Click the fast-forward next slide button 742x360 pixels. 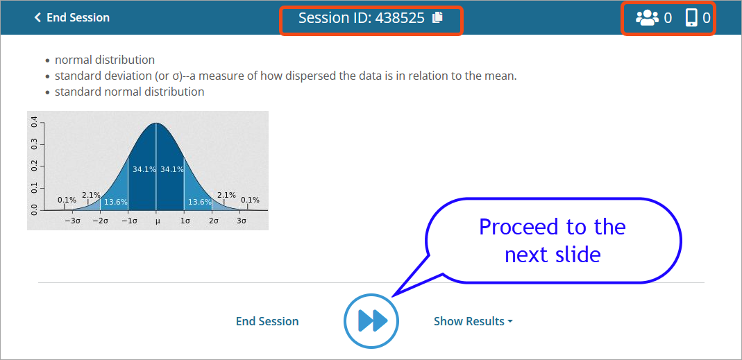[x=371, y=321]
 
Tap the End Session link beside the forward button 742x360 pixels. [x=267, y=322]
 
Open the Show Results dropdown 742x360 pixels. [x=473, y=322]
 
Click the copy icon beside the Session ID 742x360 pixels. [x=438, y=18]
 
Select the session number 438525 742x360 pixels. [x=400, y=18]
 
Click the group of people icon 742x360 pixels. [x=647, y=18]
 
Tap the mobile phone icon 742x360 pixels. [x=691, y=18]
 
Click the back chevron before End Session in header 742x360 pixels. [x=37, y=18]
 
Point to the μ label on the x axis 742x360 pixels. [x=157, y=221]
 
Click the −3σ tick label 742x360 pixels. [x=72, y=221]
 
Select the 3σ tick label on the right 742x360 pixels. [x=242, y=221]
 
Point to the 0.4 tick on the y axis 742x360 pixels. [x=35, y=123]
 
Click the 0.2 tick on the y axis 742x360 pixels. [x=35, y=167]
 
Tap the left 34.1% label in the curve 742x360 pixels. [x=144, y=169]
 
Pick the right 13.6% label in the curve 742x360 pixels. [x=200, y=202]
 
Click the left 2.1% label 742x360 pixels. [x=91, y=195]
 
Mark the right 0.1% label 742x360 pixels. [x=250, y=200]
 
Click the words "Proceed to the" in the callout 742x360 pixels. [x=553, y=227]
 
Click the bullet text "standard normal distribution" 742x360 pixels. [x=130, y=92]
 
